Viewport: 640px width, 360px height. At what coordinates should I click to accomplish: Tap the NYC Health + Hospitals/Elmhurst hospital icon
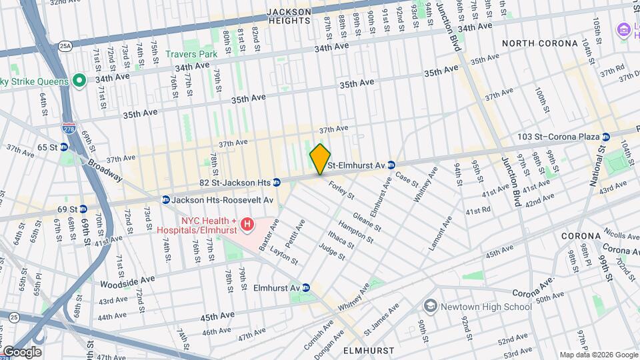coord(247,225)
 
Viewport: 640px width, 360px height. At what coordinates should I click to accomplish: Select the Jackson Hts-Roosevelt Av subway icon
coord(165,199)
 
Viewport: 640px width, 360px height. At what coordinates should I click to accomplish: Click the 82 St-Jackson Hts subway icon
coord(276,182)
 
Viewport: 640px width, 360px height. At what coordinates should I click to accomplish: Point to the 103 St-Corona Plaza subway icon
coord(605,137)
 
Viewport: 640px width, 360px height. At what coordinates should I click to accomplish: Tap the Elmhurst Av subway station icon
coord(306,287)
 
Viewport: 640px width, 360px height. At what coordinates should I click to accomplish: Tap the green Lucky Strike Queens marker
coord(79,81)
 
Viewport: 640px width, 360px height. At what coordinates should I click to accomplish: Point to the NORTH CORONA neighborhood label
coord(540,43)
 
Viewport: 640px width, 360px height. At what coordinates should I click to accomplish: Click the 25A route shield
coord(65,45)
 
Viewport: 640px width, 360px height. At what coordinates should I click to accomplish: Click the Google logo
coord(22,352)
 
